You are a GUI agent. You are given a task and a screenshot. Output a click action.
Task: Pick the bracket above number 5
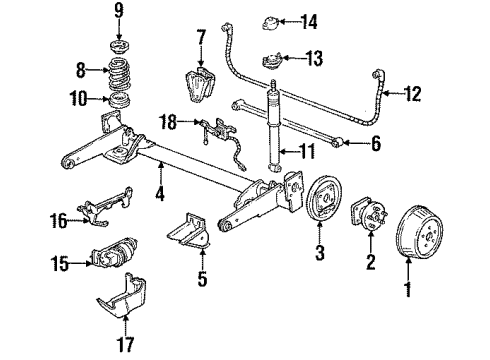pos(375,146)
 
